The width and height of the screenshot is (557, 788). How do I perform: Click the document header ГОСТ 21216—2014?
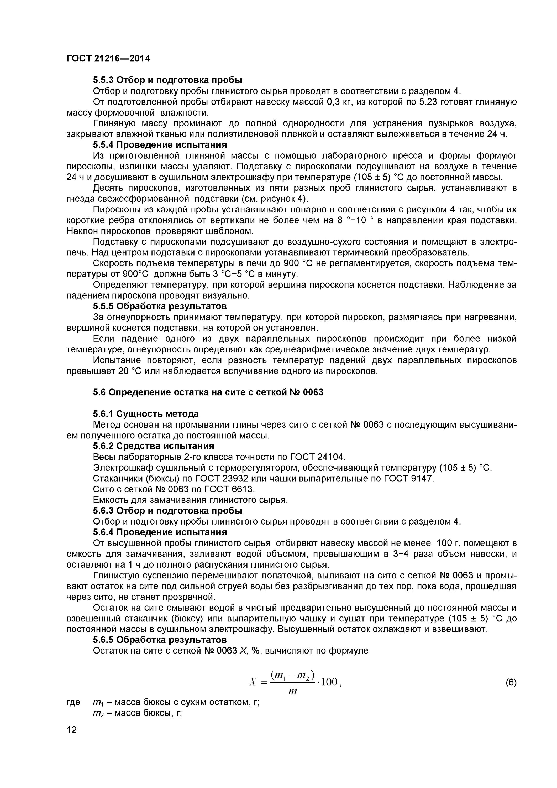108,59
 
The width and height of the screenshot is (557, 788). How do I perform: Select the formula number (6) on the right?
511,683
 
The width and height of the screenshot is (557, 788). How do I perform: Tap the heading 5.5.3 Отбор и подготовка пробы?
167,80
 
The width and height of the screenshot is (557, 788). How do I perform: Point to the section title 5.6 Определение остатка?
208,392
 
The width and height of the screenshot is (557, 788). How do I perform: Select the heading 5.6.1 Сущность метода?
146,414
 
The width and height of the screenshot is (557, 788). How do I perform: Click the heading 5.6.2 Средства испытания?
153,446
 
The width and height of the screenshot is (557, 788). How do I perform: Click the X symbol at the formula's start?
253,682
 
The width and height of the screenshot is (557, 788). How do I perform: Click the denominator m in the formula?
292,692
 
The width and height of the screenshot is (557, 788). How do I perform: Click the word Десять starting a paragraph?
108,188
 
